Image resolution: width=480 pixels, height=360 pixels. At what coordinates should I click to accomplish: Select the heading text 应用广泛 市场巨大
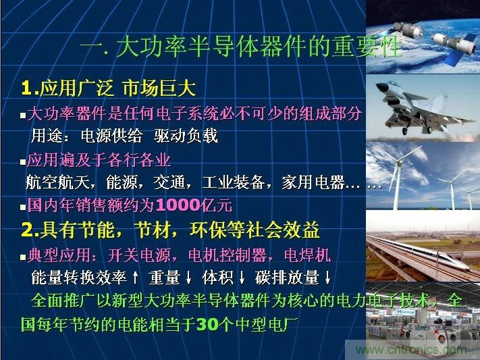(118, 88)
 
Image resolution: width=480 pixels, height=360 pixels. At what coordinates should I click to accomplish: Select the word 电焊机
(310, 255)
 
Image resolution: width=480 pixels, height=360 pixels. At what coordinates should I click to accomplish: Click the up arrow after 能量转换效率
(136, 278)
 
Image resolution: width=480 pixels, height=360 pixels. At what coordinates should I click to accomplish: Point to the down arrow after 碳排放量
(327, 278)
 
